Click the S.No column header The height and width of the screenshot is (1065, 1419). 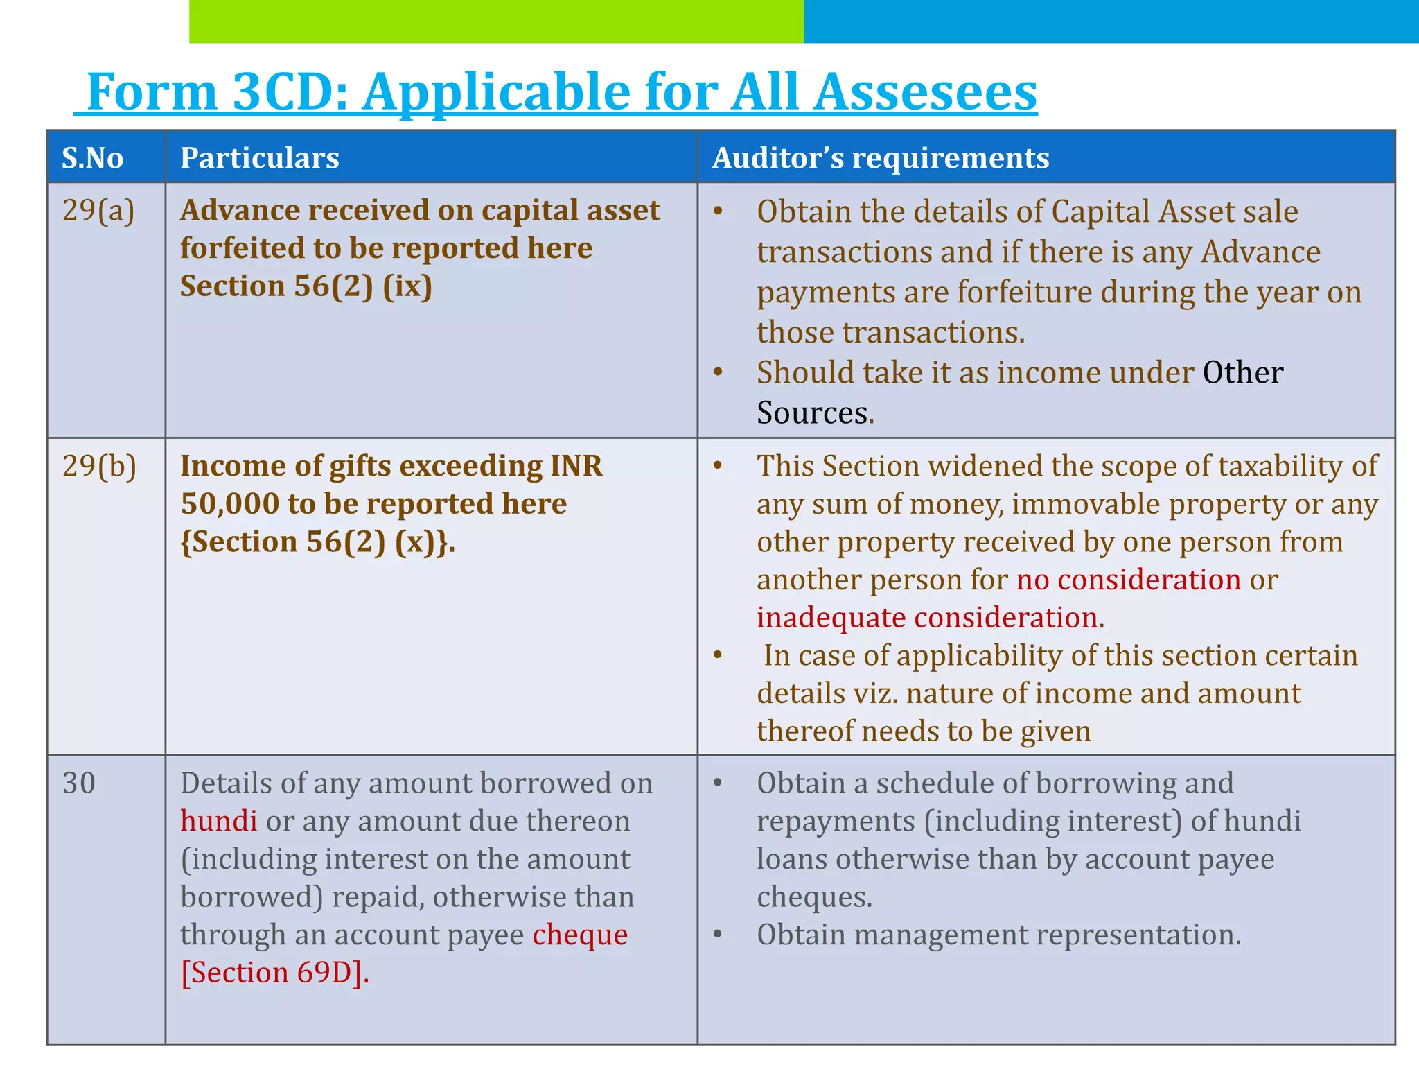[x=92, y=158]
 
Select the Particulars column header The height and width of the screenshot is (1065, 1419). [x=259, y=158]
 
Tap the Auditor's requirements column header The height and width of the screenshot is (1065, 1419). [x=880, y=158]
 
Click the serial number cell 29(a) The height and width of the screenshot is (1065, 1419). [x=98, y=210]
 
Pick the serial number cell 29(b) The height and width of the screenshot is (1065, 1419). [x=99, y=466]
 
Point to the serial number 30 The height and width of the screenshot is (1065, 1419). [x=78, y=783]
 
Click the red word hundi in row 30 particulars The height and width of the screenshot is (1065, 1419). [x=218, y=822]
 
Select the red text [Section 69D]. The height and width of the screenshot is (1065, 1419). [x=274, y=973]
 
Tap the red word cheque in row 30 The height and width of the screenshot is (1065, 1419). [x=580, y=935]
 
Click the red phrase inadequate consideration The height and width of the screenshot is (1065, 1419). [x=928, y=618]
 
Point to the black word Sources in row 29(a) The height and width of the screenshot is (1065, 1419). [x=811, y=413]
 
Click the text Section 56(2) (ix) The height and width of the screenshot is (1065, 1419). [x=306, y=286]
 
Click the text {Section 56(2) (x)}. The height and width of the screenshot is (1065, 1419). [x=317, y=542]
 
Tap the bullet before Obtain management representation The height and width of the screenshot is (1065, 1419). [x=719, y=935]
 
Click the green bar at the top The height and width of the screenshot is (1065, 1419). [x=495, y=21]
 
